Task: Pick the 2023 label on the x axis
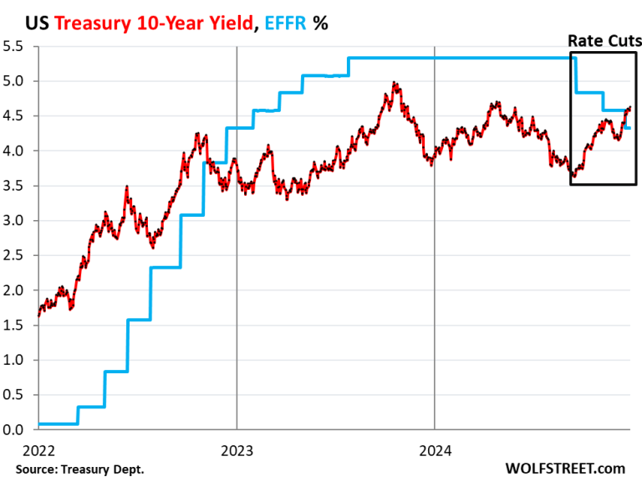coord(237,450)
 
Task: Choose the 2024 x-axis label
coord(434,450)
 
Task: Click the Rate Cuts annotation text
coord(604,40)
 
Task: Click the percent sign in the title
coord(319,23)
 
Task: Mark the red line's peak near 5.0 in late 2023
coord(395,83)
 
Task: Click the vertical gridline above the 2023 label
coord(237,251)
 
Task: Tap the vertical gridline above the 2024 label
coord(434,251)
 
